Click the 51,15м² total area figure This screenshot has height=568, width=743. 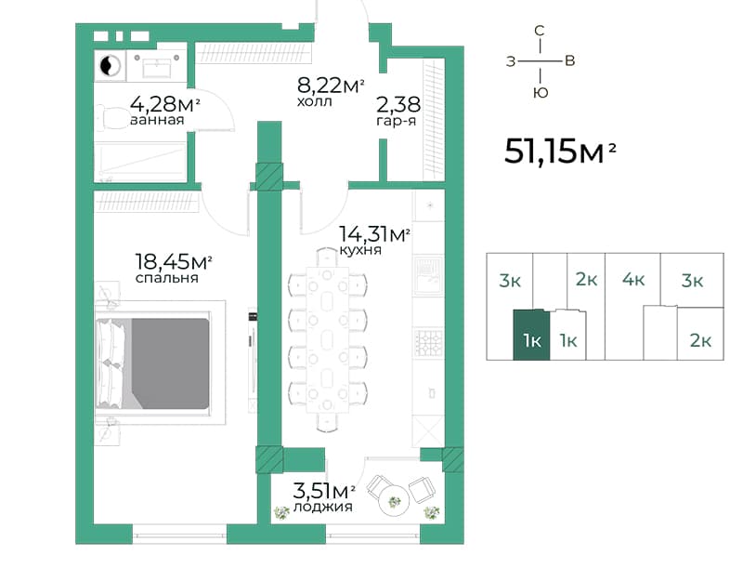point(560,152)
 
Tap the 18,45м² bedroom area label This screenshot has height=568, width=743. point(174,261)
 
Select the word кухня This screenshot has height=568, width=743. point(360,250)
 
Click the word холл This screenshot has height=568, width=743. point(315,101)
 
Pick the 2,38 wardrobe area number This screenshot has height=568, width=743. point(398,104)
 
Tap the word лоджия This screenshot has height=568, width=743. point(322,507)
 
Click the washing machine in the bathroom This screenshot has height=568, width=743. point(110,65)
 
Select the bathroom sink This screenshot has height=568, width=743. point(157,64)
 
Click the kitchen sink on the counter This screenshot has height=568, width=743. point(428,276)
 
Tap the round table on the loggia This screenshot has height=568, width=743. point(393,500)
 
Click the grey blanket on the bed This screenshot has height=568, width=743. point(170,363)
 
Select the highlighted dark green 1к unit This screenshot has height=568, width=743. point(531,336)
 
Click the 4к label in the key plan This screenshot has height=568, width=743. point(633,280)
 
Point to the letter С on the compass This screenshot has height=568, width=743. point(540,31)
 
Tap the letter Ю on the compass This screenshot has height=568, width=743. point(541,92)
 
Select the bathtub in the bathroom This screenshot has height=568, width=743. point(140,161)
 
